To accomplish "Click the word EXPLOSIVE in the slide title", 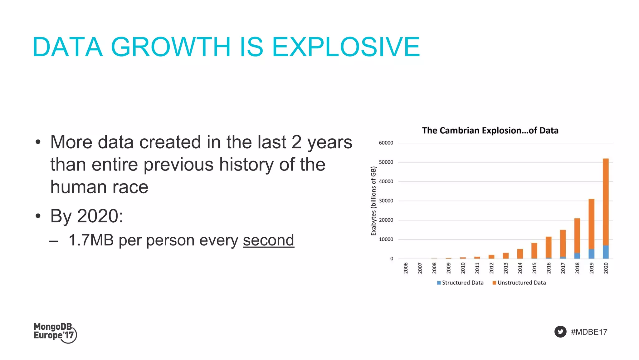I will point(346,47).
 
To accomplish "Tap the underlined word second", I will point(268,240).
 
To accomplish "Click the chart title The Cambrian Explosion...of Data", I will point(490,131).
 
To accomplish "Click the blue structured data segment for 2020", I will point(606,252).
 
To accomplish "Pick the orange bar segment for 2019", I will point(591,224).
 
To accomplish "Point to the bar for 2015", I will point(534,250).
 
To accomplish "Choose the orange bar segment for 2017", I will point(563,243).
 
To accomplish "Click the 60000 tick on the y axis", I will point(386,143).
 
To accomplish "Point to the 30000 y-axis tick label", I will point(386,201).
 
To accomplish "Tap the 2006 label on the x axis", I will point(406,268).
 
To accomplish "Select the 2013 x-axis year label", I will point(506,268).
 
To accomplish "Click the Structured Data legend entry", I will point(460,283).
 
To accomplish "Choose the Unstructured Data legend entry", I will point(519,283).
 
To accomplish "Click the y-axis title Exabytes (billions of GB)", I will point(373,201).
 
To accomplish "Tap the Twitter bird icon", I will point(560,332).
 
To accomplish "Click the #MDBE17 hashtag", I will point(589,332).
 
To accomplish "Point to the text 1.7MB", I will point(91,240).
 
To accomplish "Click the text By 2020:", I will point(87,216).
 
